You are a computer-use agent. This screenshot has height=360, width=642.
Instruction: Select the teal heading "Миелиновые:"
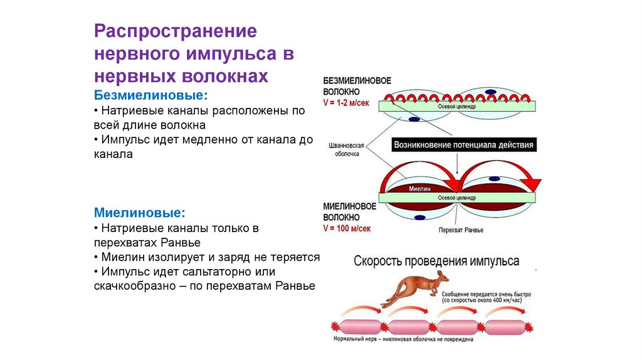[x=140, y=213]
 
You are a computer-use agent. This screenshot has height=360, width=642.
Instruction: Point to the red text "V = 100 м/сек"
[x=347, y=228]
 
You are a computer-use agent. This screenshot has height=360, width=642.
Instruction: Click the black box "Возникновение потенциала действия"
[x=464, y=145]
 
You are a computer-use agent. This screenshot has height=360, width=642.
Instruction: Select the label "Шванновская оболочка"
[x=344, y=148]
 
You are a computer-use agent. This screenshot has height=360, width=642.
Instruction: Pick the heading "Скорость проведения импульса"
[x=436, y=260]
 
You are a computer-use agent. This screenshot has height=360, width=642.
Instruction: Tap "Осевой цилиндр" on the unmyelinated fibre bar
[x=456, y=107]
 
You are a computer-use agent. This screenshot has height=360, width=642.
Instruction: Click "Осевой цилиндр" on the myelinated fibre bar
[x=456, y=197]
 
